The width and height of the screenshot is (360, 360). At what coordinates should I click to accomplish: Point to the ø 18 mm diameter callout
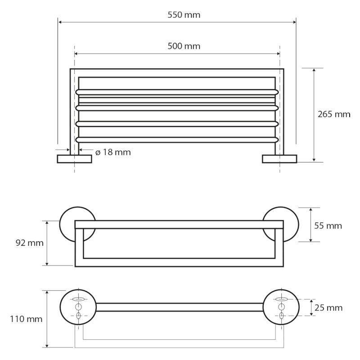pos(113,152)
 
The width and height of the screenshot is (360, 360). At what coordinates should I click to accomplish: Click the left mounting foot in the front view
pos(75,158)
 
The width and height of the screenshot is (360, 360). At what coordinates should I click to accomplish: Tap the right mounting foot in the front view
pos(279,158)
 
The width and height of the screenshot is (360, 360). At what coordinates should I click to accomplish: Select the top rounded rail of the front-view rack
pos(177,92)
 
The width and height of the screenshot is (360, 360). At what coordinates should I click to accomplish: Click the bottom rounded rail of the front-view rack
pos(177,139)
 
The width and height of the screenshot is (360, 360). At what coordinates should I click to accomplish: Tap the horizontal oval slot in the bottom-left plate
pos(78,299)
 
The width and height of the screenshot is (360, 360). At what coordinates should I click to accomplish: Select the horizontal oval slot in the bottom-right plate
pos(282,299)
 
